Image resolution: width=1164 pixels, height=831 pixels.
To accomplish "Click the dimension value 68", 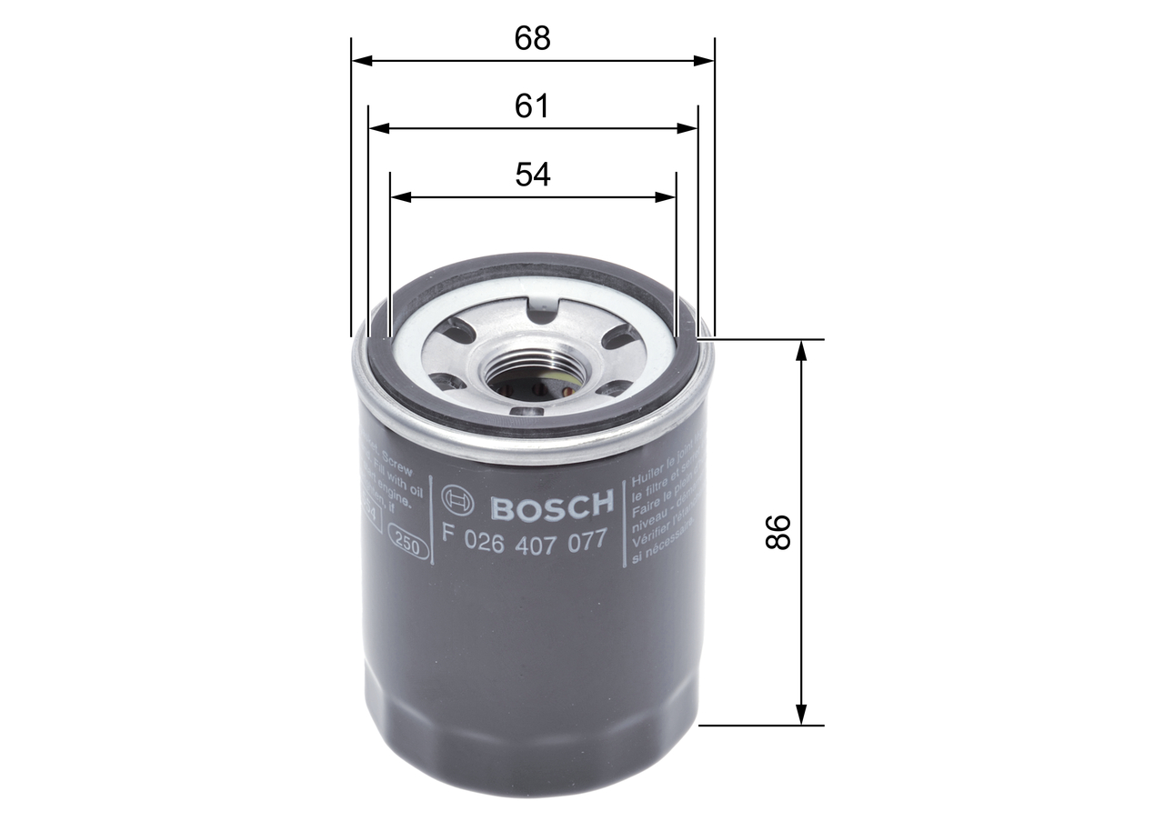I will point(533,38).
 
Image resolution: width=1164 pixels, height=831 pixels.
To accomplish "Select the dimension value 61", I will point(533,106).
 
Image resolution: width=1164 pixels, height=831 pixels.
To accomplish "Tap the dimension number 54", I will point(533,174).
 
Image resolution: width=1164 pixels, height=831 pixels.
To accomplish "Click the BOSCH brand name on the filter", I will point(552,504).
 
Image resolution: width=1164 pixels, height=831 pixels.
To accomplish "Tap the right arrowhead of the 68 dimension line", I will point(705,61).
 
